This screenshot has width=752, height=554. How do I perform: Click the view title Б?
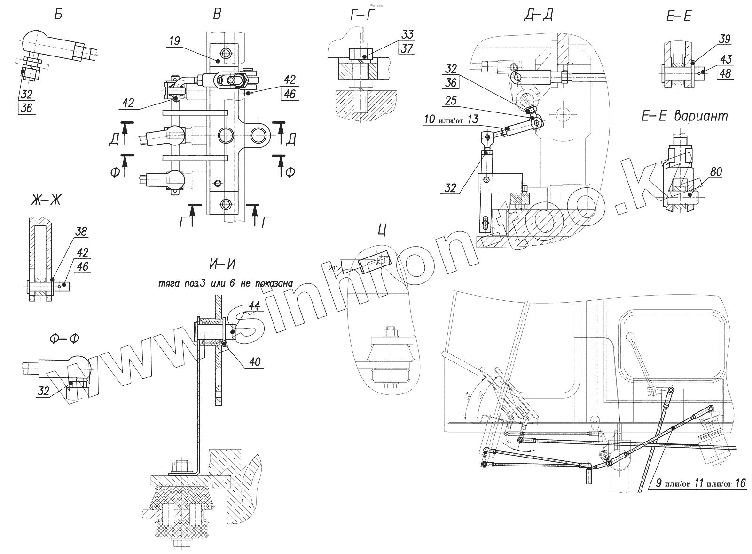(x=58, y=15)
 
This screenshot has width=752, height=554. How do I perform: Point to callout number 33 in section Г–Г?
(x=407, y=34)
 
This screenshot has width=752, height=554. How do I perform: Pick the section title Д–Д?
(x=538, y=15)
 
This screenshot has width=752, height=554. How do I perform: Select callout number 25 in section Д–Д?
(x=451, y=101)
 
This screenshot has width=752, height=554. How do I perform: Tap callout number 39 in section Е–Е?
(x=724, y=39)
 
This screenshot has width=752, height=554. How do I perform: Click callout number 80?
(x=716, y=172)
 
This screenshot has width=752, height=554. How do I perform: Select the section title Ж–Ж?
(x=45, y=201)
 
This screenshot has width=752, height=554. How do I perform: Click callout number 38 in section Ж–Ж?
(x=80, y=232)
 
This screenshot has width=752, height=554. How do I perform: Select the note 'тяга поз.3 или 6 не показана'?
(x=226, y=283)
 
